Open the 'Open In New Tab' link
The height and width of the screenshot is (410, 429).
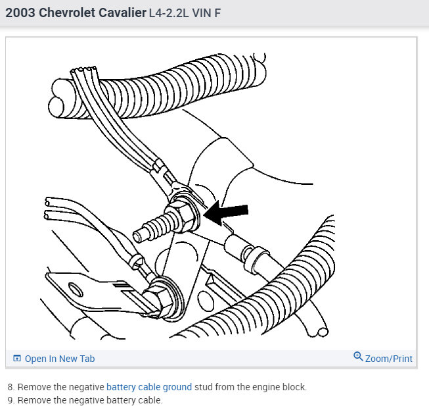point(54,359)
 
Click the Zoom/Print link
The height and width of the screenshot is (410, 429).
point(383,357)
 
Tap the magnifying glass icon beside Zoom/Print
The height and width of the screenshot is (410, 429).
point(358,357)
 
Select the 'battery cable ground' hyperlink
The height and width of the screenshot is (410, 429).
point(149,387)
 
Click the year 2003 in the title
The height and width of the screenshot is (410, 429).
point(20,13)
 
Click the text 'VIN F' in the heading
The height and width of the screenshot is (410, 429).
point(206,13)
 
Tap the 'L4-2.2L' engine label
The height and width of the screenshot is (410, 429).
point(169,13)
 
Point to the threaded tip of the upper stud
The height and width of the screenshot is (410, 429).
point(139,236)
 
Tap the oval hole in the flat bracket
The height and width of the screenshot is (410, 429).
point(76,290)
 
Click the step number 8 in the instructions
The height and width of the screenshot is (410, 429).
point(11,387)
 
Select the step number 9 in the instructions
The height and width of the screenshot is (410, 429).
point(11,400)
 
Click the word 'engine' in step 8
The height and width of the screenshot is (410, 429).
point(265,388)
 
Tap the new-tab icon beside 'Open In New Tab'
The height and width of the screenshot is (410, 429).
point(17,358)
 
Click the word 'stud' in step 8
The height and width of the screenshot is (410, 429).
point(204,387)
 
